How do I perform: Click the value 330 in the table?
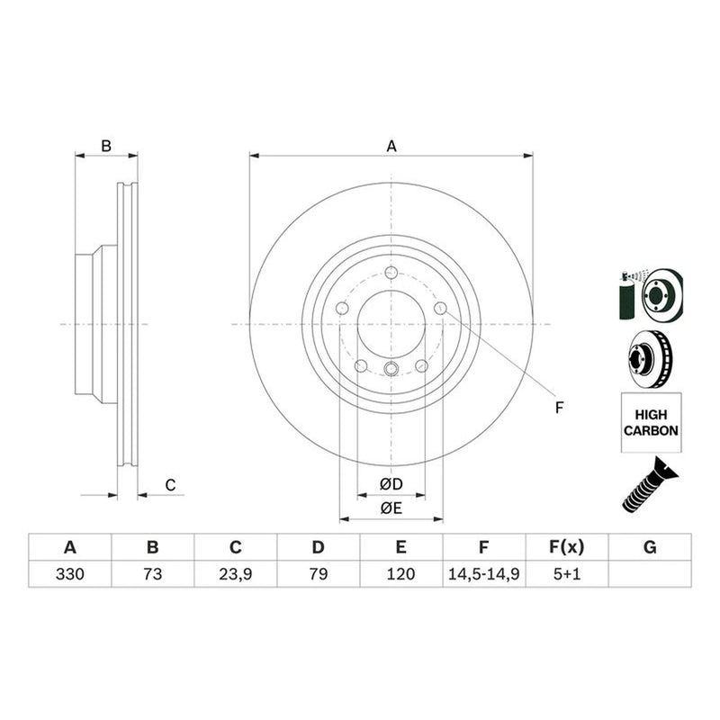(x=70, y=574)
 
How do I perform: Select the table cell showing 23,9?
(x=235, y=574)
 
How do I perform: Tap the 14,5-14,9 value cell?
(x=483, y=574)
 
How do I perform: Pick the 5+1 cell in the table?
(x=567, y=574)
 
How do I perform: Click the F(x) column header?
(x=567, y=547)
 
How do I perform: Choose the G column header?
(x=650, y=547)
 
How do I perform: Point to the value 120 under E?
(x=400, y=574)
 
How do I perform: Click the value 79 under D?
(x=319, y=574)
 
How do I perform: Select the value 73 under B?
(x=152, y=574)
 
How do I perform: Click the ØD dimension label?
(x=391, y=484)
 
